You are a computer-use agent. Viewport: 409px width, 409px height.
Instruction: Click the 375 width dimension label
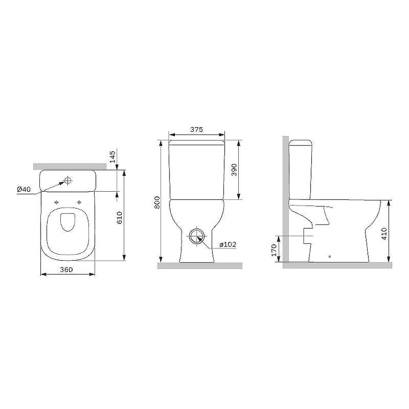tap(196, 129)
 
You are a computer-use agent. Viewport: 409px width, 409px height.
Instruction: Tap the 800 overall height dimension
tap(157, 202)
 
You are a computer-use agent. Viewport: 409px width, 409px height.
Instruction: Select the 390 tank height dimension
tap(234, 170)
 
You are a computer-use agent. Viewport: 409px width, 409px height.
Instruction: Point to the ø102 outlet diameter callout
tap(228, 244)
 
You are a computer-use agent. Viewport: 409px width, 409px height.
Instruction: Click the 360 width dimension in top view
tap(66, 269)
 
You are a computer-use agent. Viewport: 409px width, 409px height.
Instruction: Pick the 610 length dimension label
tap(119, 218)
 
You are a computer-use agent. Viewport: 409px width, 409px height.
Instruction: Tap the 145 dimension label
tap(112, 156)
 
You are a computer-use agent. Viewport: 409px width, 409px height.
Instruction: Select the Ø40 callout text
tap(24, 189)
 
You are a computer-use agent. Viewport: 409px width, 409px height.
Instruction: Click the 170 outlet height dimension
tap(274, 250)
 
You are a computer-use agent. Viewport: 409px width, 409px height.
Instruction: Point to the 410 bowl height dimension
tap(384, 234)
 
